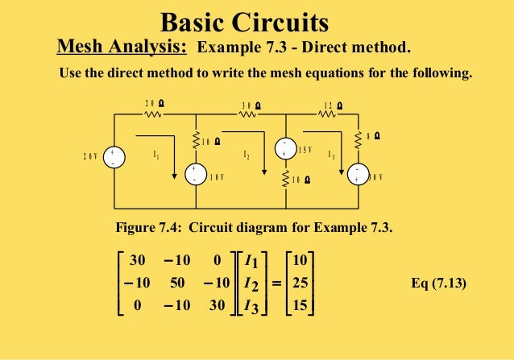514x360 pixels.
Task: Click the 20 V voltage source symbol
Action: (114, 156)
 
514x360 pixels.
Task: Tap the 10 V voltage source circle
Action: (195, 174)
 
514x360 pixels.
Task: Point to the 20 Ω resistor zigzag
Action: (154, 114)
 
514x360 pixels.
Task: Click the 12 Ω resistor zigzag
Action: (329, 114)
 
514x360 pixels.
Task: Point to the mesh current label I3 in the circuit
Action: (331, 154)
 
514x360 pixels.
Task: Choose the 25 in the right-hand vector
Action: (300, 283)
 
